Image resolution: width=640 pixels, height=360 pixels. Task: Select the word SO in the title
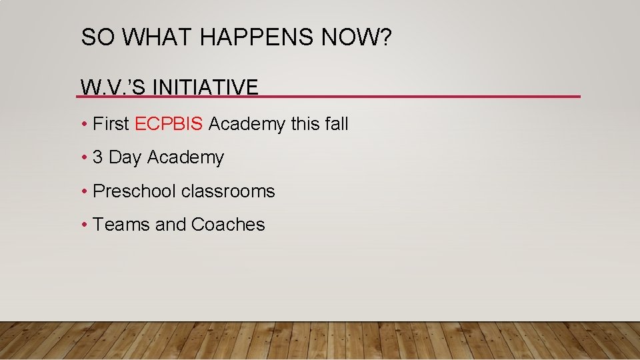coord(93,38)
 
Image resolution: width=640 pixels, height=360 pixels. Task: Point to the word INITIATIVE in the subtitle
coord(205,87)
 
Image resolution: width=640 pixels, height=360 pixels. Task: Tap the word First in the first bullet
coord(111,124)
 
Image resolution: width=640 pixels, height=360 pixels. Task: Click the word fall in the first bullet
coord(336,124)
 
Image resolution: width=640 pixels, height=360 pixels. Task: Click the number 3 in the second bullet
coord(98,157)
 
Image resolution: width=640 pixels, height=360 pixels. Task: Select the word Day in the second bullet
coord(125,157)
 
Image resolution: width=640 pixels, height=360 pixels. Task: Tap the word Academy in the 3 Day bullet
coord(185,157)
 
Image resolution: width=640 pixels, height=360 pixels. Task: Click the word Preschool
coord(135,191)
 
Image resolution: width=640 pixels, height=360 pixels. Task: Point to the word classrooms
coord(228,191)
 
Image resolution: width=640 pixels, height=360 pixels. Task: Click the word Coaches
coord(228,225)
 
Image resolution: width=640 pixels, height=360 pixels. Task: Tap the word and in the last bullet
coord(171,225)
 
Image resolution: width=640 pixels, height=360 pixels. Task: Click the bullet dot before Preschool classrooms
coord(84,192)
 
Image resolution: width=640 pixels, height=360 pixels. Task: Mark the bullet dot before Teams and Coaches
coord(84,225)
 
